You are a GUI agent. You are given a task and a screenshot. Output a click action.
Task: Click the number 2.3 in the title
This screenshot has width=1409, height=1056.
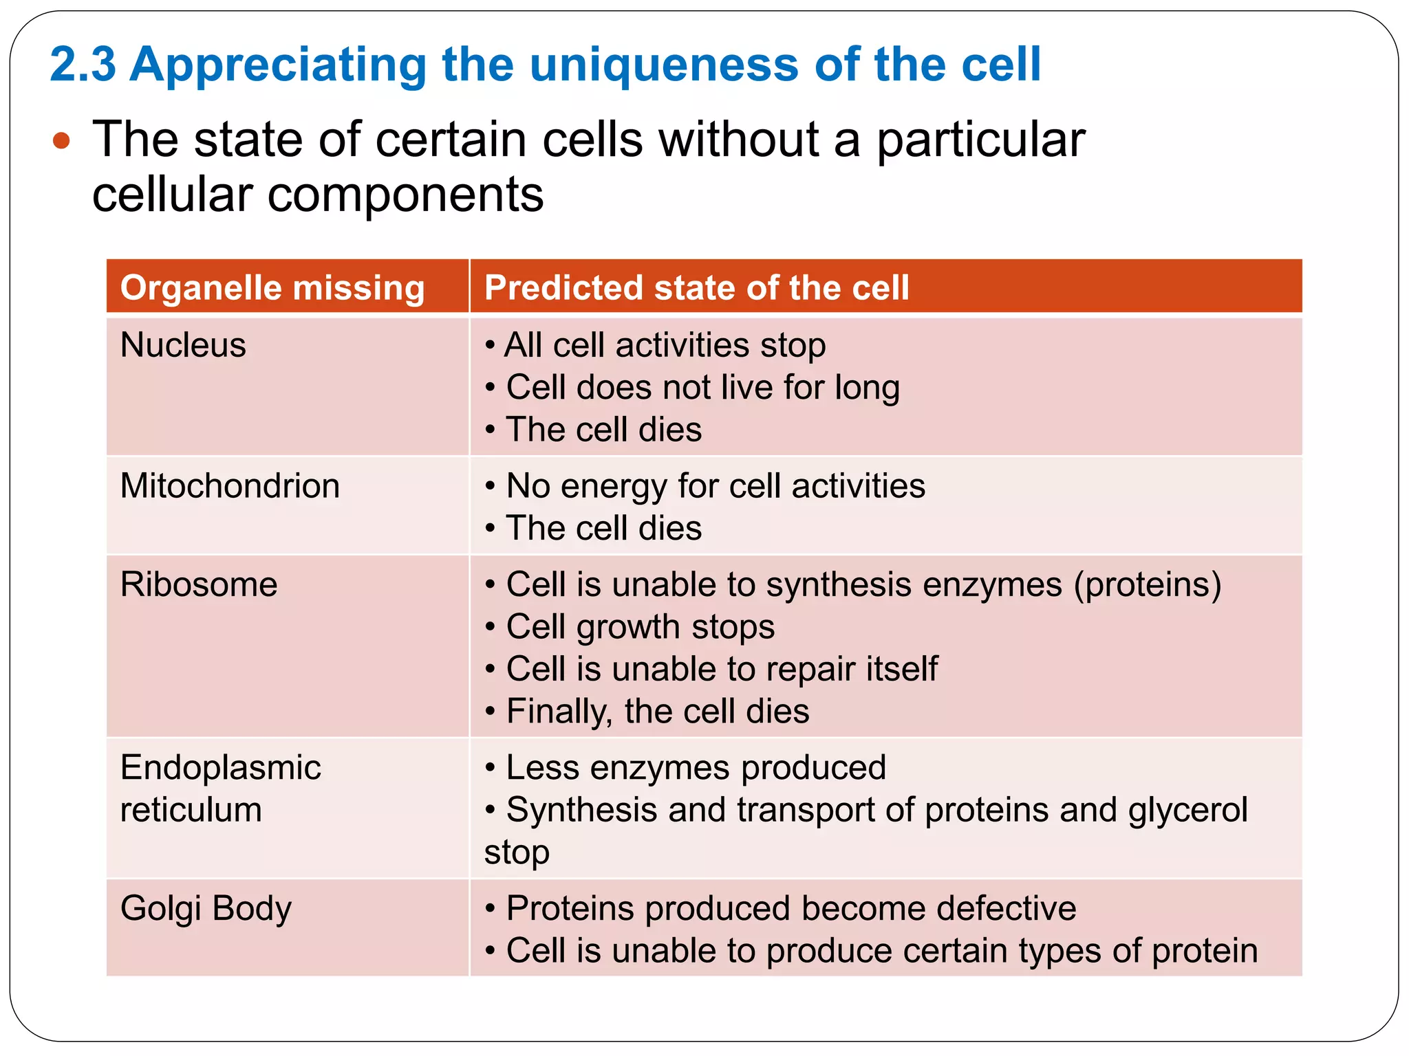83,65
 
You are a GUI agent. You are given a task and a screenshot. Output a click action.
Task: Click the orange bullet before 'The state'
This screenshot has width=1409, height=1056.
61,141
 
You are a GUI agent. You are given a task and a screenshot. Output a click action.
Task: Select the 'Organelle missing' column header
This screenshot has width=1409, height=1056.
272,287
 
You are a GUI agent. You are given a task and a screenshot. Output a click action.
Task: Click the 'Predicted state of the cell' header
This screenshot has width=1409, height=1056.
696,287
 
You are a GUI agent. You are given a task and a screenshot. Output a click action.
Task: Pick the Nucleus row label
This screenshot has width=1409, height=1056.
183,344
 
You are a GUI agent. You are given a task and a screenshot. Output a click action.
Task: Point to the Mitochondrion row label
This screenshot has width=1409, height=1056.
230,485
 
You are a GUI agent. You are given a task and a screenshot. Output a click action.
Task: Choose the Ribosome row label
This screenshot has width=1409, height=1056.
199,584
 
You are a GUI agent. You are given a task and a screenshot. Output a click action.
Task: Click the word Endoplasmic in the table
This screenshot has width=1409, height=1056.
220,767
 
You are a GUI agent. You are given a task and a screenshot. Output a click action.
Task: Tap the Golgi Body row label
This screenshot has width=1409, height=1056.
206,908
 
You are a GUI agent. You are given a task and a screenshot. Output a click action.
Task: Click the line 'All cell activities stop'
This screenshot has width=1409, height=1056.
664,344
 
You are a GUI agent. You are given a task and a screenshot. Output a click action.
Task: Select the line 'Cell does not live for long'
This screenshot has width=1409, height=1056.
702,387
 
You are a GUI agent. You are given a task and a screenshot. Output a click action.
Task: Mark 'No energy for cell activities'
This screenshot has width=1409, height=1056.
716,485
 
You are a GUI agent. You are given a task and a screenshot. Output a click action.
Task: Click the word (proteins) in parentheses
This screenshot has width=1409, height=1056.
1148,584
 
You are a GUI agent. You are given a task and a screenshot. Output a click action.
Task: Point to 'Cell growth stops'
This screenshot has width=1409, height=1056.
640,627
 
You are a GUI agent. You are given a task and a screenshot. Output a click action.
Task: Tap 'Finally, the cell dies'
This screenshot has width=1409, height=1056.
657,711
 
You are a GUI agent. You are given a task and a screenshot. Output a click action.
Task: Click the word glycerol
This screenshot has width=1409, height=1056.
1187,810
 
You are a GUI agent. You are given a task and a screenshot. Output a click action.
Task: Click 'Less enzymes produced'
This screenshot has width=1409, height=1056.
695,767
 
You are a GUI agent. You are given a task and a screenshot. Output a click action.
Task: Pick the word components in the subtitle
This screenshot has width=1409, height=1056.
405,195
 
